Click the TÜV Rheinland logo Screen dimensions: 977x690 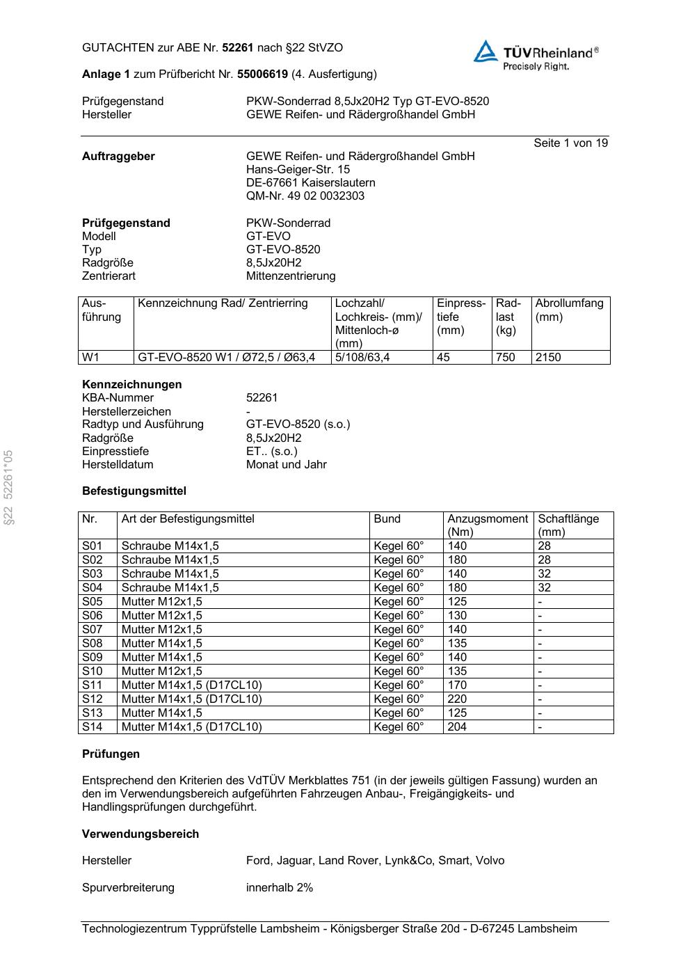[x=536, y=54]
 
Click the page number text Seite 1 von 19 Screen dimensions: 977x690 [x=570, y=143]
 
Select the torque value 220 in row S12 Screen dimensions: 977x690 [x=457, y=699]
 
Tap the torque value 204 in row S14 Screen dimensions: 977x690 [x=457, y=726]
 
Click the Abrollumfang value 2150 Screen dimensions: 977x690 [x=548, y=357]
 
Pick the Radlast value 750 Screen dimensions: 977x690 [x=506, y=357]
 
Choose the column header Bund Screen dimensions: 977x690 [x=387, y=518]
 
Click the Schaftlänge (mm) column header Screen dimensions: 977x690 [x=568, y=525]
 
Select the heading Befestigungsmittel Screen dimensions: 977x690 [x=134, y=491]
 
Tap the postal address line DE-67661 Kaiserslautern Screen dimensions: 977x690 [x=311, y=182]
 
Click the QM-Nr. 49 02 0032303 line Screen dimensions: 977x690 [x=305, y=196]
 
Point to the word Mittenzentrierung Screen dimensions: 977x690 [x=291, y=276]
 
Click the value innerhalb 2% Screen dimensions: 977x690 [x=280, y=887]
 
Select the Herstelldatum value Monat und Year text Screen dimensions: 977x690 [x=287, y=464]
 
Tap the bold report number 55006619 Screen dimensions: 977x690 [x=262, y=74]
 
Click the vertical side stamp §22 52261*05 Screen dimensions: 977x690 [x=8, y=487]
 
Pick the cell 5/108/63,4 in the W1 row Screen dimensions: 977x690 [x=362, y=357]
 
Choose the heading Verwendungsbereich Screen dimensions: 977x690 [x=141, y=834]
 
